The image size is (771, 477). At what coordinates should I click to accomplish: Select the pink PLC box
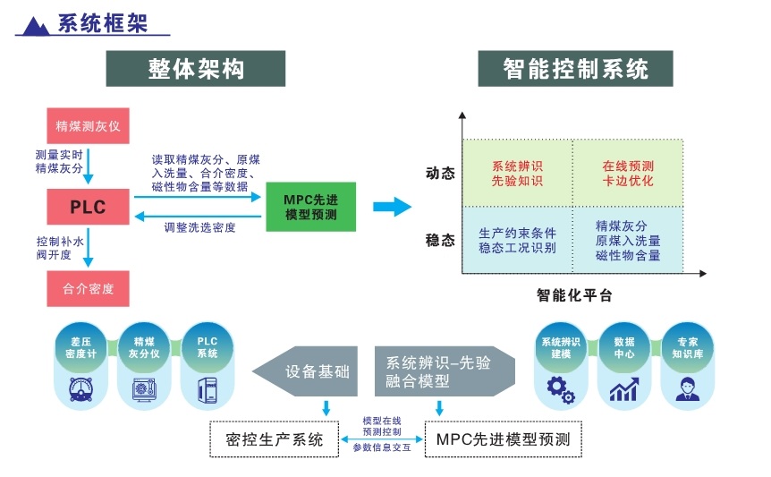[x=88, y=208]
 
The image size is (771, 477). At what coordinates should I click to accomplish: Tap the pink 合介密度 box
[x=88, y=289]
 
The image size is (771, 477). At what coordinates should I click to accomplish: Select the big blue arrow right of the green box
[x=392, y=208]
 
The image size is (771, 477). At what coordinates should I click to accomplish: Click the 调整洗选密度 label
[x=200, y=228]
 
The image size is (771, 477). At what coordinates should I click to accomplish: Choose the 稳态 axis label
[x=440, y=240]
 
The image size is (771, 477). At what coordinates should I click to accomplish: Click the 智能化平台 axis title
[x=574, y=294]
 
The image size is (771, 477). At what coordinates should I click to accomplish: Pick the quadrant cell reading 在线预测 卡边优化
[x=627, y=173]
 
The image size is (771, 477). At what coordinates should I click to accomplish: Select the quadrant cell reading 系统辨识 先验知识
[x=517, y=173]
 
